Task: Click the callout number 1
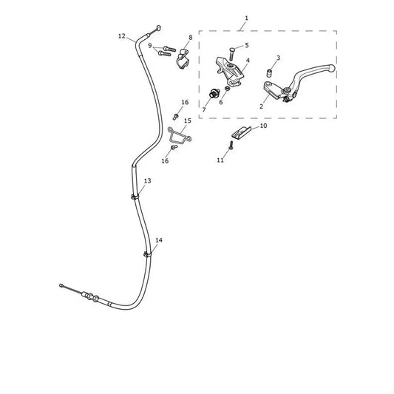click(246, 18)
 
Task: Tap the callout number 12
click(122, 36)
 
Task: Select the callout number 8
click(191, 38)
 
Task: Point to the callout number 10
click(263, 126)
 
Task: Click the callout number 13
click(148, 180)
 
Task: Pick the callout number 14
click(159, 240)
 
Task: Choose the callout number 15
click(188, 120)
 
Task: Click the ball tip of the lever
click(332, 67)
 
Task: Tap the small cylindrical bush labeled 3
click(270, 73)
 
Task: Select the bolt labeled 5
click(232, 54)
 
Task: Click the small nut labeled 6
click(228, 88)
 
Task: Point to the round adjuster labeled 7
click(214, 93)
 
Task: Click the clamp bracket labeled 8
click(183, 60)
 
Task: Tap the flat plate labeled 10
click(241, 132)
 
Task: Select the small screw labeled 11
click(231, 145)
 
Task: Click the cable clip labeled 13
click(135, 197)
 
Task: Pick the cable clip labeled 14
click(148, 254)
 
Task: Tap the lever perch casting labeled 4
click(230, 72)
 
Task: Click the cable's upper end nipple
click(158, 28)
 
